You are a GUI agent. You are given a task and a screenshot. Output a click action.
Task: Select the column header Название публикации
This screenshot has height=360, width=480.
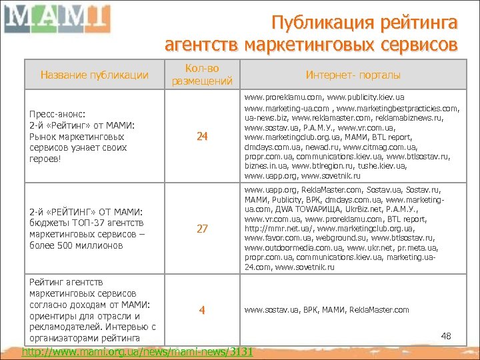tap(95, 75)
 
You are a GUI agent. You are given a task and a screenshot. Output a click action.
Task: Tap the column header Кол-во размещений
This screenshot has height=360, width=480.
tap(202, 75)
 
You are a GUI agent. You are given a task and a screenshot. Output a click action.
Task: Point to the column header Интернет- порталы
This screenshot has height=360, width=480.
tap(345, 75)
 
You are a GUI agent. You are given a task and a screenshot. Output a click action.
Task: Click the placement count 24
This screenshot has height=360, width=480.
tap(202, 137)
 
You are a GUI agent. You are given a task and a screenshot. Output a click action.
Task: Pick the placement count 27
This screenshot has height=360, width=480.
tap(202, 229)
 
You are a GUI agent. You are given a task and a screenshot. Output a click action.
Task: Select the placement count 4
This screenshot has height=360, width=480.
tap(202, 310)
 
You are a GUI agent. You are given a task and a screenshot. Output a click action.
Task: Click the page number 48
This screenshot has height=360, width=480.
tap(446, 336)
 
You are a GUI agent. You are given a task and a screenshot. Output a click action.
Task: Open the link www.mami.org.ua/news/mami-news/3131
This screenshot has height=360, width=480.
tap(138, 351)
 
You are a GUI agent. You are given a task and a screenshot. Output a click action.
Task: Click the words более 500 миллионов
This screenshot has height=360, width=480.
tap(76, 245)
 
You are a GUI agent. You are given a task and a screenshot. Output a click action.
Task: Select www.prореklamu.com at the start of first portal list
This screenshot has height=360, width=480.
tap(279, 97)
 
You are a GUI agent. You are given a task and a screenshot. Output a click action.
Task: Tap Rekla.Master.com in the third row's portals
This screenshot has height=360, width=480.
tap(383, 310)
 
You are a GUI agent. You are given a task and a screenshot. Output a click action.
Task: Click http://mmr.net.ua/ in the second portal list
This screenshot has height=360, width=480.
tap(272, 228)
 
